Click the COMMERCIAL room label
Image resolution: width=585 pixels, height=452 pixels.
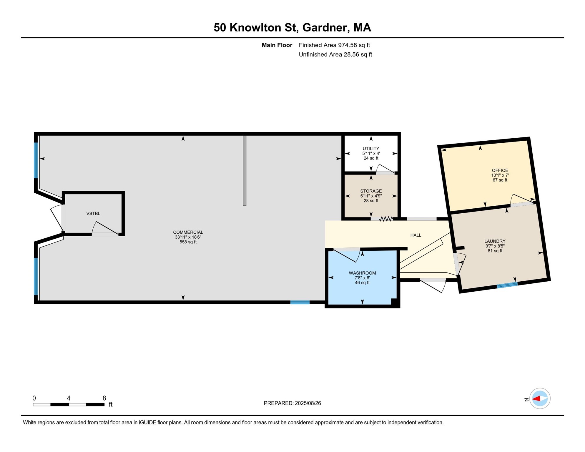188,232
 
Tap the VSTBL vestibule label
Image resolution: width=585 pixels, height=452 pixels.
93,214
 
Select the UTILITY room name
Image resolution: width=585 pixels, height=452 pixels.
371,149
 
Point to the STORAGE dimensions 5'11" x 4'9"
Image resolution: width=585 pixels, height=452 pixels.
371,196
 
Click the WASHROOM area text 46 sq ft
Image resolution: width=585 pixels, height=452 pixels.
362,283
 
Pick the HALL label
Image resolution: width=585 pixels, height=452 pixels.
416,235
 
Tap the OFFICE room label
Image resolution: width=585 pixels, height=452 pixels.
500,170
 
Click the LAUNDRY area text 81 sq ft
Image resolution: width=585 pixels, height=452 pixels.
495,251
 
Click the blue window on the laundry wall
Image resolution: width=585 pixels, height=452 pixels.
507,285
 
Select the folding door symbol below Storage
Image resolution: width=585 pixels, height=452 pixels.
386,219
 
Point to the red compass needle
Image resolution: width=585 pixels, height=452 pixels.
536,399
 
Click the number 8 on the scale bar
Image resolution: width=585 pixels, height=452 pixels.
104,398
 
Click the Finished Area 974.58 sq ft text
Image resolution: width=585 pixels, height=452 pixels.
334,45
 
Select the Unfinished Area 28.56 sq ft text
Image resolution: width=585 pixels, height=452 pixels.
335,54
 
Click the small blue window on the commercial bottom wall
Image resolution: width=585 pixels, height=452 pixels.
300,302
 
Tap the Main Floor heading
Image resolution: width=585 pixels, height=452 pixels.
277,45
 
